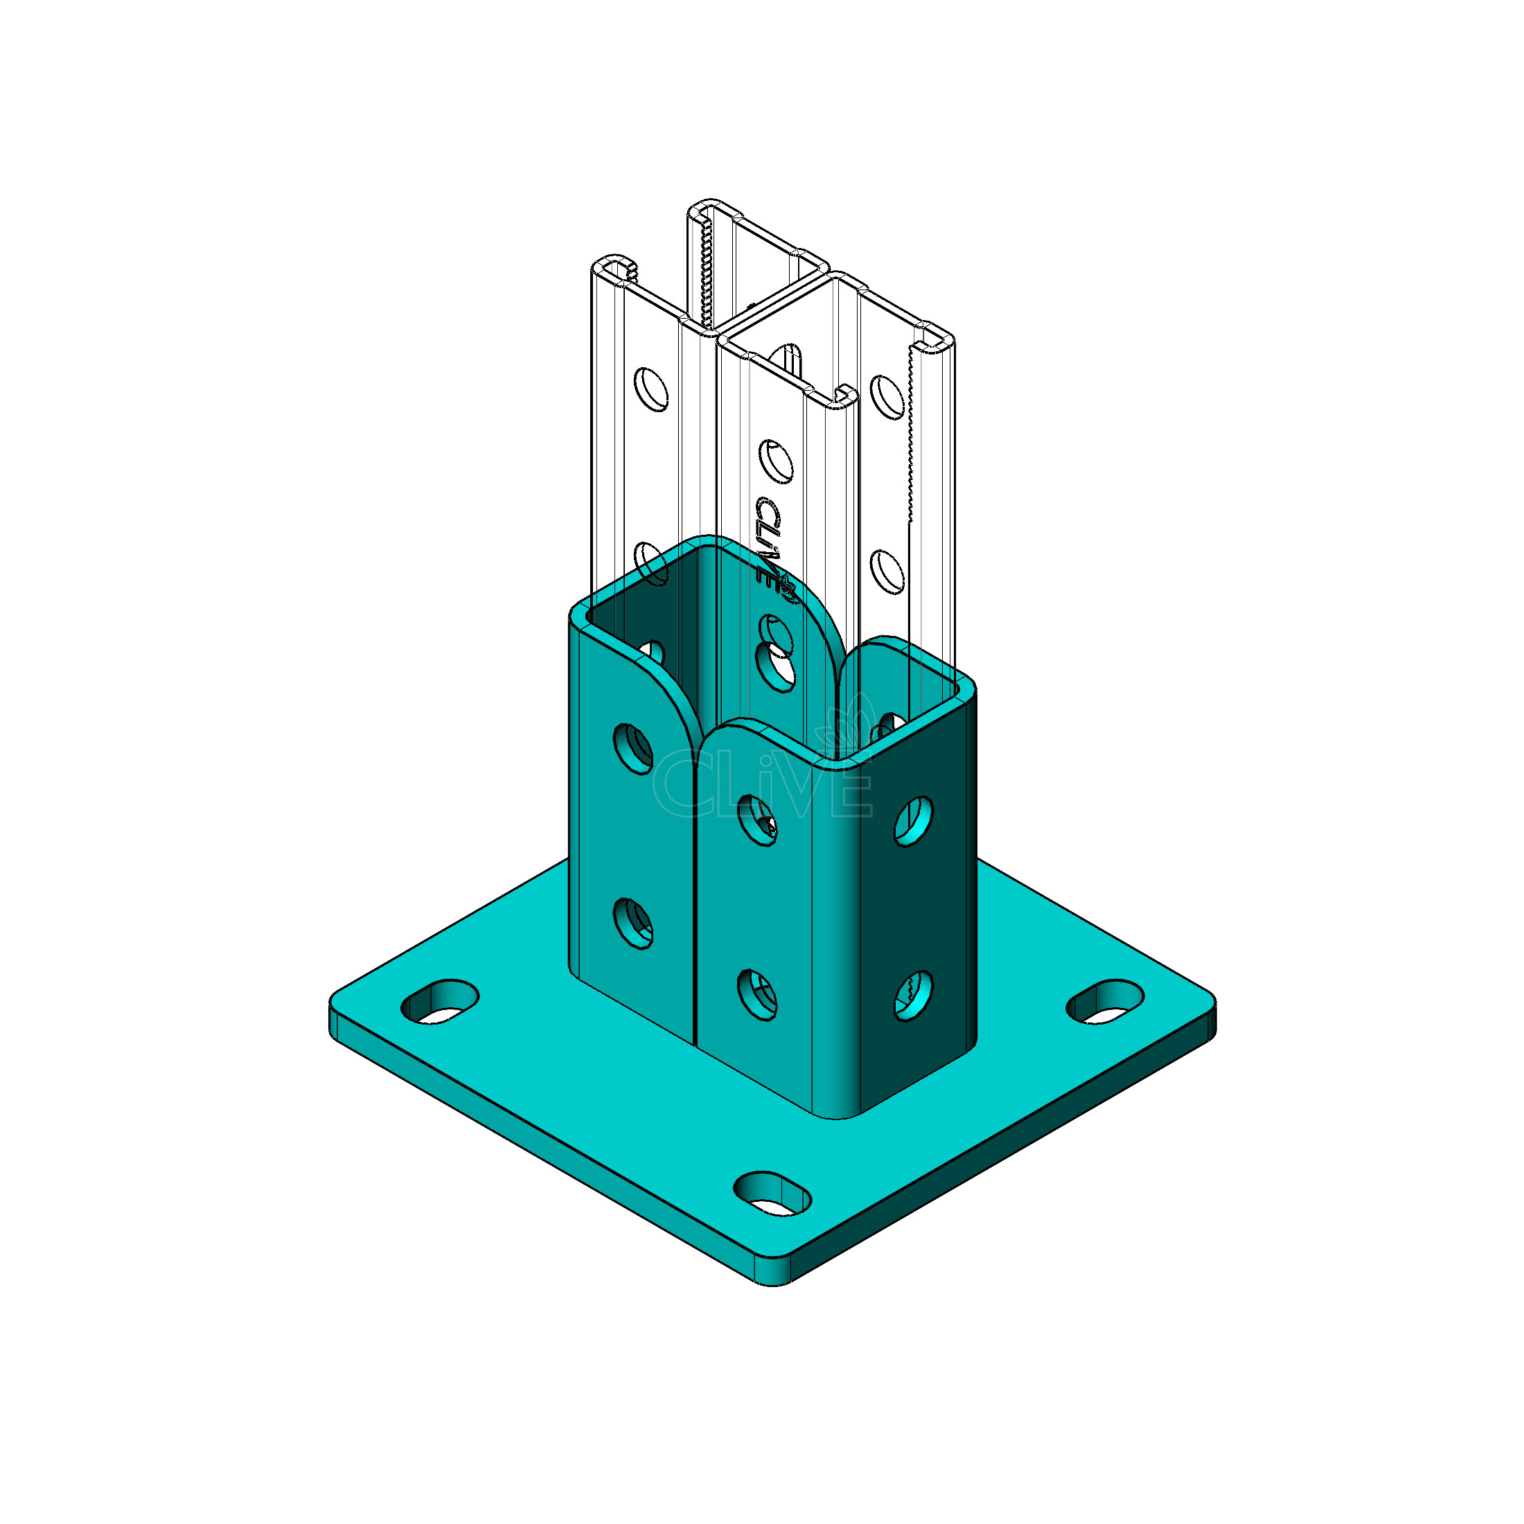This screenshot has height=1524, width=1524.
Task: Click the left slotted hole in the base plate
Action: click(x=440, y=1002)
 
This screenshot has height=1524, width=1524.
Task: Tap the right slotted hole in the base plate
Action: click(x=1106, y=1002)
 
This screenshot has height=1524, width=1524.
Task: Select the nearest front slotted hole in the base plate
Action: click(x=773, y=1193)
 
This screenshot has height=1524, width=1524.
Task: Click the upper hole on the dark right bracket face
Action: click(x=914, y=820)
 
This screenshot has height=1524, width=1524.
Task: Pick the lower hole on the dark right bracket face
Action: click(x=914, y=995)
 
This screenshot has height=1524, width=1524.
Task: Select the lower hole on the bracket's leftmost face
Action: click(x=633, y=923)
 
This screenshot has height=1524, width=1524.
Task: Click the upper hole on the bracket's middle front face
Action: click(x=757, y=820)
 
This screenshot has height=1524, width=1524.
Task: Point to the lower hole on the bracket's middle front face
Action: click(x=757, y=995)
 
